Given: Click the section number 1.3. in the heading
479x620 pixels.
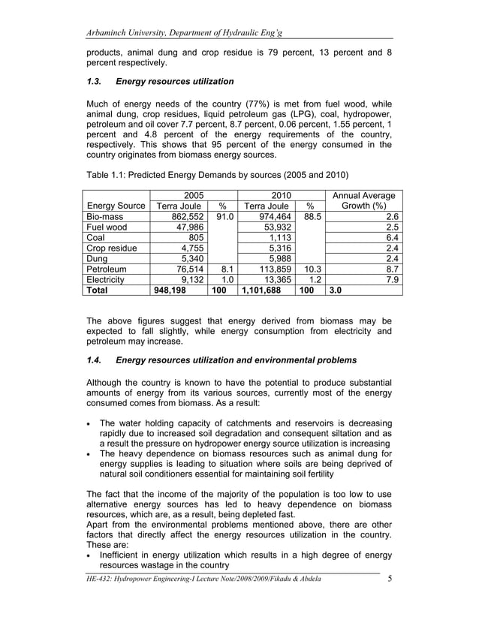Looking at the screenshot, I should coord(98,81).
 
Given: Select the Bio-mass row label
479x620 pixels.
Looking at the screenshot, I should coord(105,215).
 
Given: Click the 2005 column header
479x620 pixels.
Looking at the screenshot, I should coord(194,196).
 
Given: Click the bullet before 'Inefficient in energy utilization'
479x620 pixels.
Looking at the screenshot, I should coord(91,555).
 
